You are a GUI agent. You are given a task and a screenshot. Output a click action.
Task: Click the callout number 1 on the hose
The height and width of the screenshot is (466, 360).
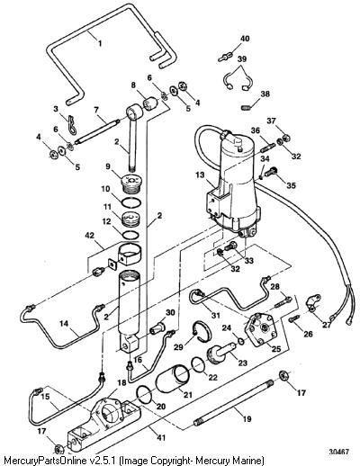pyautogui.click(x=100, y=43)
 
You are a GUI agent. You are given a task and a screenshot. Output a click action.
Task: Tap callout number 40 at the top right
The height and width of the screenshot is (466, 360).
pyautogui.click(x=245, y=39)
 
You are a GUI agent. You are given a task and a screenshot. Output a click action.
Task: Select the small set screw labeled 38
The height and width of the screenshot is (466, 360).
pyautogui.click(x=246, y=106)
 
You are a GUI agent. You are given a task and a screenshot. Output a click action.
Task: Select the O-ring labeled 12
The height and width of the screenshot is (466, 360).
pyautogui.click(x=131, y=235)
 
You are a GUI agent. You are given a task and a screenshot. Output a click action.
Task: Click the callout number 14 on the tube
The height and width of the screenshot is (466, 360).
pyautogui.click(x=64, y=324)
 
